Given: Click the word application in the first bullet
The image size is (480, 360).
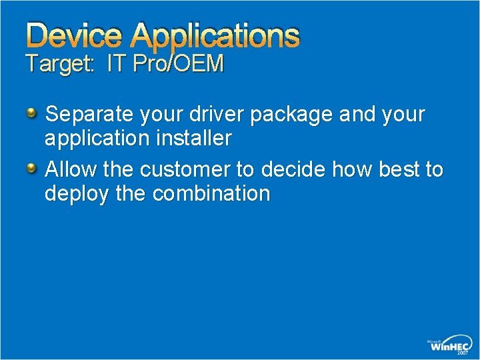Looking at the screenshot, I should click(94, 140).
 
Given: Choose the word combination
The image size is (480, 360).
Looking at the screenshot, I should click(211, 194).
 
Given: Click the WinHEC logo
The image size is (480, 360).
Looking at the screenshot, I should click(451, 345).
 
